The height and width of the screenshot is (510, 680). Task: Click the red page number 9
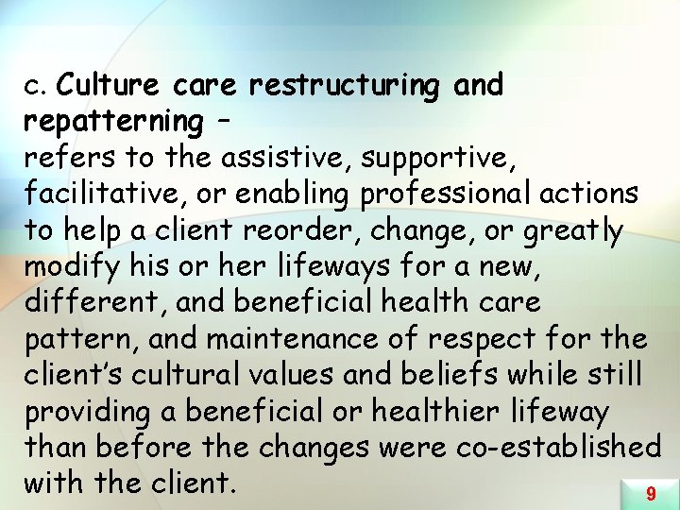click(651, 493)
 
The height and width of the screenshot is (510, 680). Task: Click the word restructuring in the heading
click(344, 85)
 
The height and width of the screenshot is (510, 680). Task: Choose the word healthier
click(457, 412)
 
